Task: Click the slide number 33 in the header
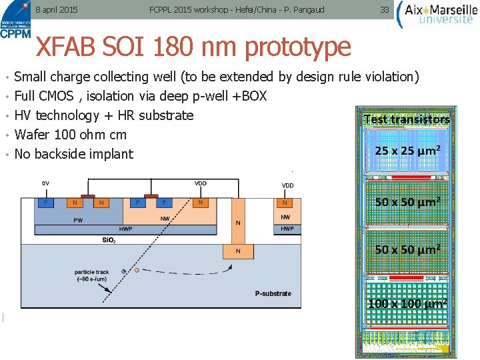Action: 384,10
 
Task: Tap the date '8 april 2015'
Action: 56,10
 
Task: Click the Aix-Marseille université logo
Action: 436,14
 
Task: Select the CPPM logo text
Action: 15,34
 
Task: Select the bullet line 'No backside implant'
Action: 73,154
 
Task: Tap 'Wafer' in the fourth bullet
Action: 34,135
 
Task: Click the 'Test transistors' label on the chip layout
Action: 406,120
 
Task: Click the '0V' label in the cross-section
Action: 45,183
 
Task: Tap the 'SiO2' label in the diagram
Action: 107,239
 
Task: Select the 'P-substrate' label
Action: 273,293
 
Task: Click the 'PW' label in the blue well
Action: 78,219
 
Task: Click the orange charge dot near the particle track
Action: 137,270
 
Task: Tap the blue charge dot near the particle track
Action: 124,271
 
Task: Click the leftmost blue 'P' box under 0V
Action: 45,202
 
